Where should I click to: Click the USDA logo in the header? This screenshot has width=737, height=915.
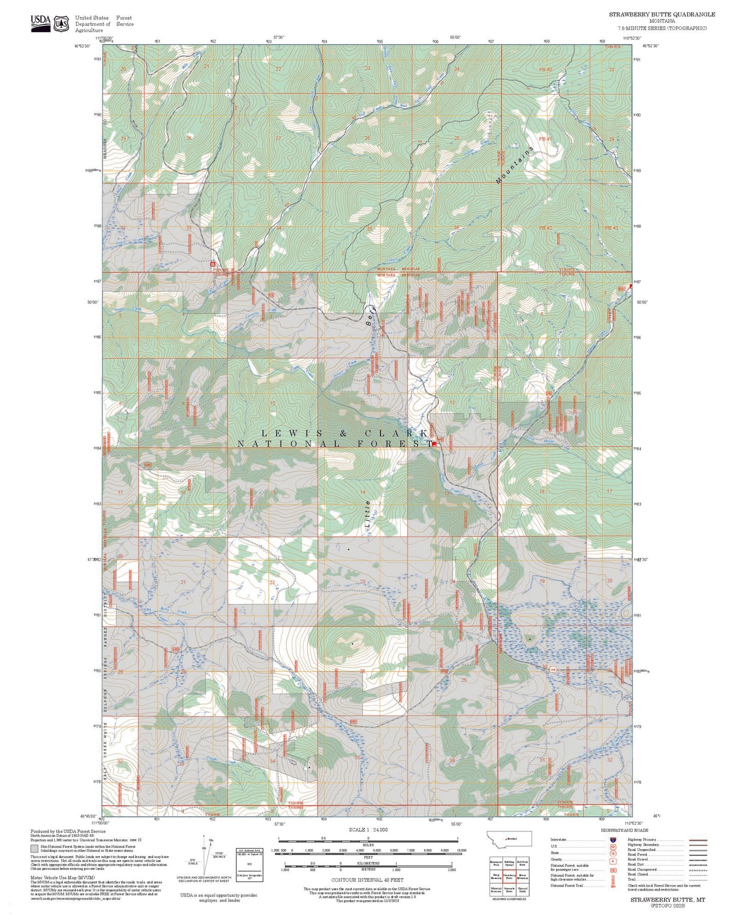click(x=40, y=23)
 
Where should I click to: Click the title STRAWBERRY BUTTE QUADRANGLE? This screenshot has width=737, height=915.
click(x=662, y=14)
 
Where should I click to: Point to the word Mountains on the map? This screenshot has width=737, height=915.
click(x=514, y=164)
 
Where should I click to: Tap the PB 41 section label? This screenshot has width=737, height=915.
click(x=545, y=139)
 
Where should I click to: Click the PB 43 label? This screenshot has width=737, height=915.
click(x=611, y=228)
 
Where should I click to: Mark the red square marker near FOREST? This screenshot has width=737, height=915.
click(x=434, y=444)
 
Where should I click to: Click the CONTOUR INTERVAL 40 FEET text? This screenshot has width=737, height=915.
click(x=367, y=880)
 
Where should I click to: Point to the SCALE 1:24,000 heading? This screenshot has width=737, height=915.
click(x=368, y=830)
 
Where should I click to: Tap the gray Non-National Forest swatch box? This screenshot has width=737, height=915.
click(x=34, y=849)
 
